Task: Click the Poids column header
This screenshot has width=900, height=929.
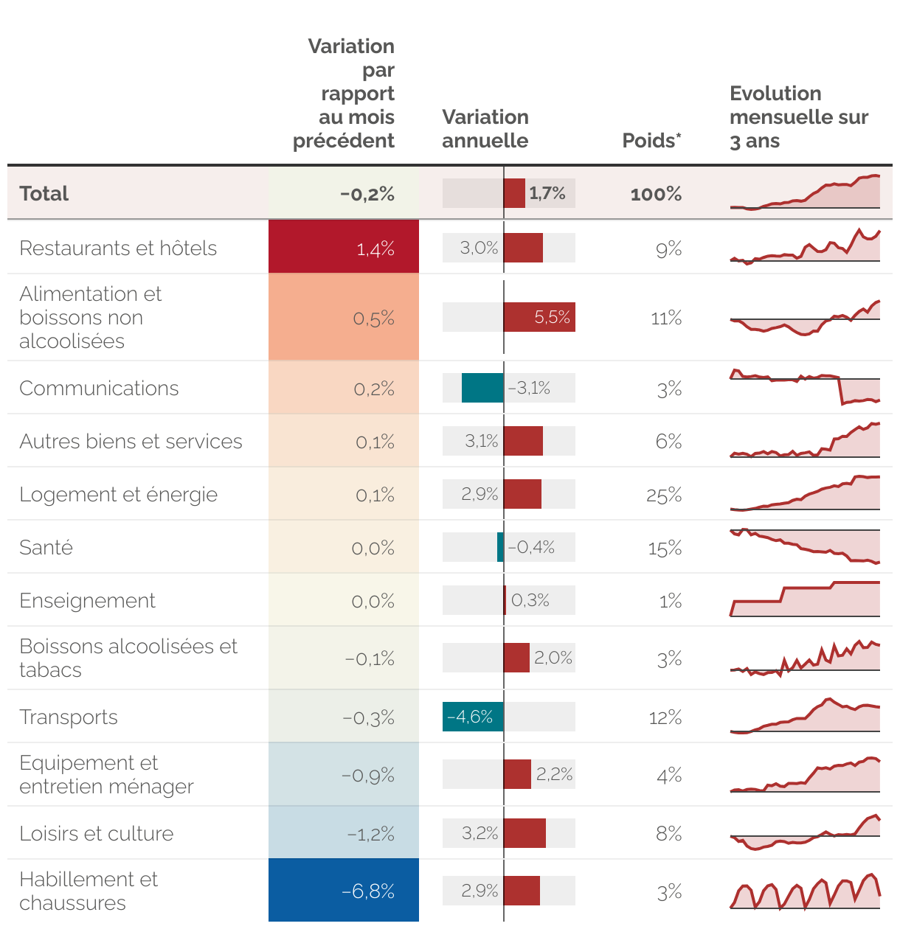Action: click(x=651, y=141)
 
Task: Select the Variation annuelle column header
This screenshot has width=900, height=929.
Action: click(x=485, y=129)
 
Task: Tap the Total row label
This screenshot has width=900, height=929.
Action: click(x=44, y=194)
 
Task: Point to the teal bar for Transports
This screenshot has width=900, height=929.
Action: click(x=473, y=717)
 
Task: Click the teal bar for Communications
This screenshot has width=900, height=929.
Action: click(x=482, y=388)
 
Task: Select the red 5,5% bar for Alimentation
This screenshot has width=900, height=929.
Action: click(x=539, y=317)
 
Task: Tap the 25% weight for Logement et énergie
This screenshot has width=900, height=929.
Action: click(x=664, y=495)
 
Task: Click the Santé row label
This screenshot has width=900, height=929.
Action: click(x=46, y=548)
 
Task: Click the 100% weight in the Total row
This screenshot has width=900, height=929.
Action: click(x=656, y=194)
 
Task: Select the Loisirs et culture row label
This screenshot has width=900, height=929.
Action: click(x=97, y=834)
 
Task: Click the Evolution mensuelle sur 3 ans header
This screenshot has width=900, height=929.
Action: click(x=798, y=117)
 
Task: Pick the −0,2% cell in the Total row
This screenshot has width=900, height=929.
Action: click(x=367, y=194)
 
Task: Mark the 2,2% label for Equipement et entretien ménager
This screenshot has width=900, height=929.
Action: click(x=555, y=774)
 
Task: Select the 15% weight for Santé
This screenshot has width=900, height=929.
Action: click(x=665, y=549)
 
